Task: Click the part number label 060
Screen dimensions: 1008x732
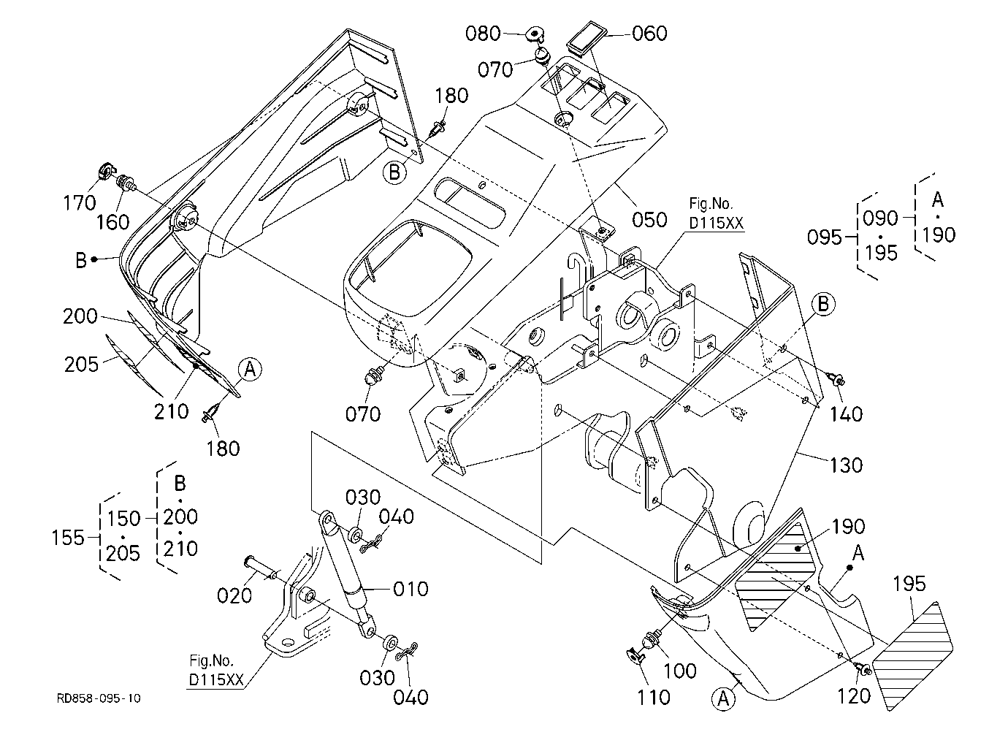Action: (x=649, y=34)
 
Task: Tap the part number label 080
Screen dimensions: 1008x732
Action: (x=483, y=34)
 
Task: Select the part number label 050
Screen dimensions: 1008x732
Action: (x=649, y=220)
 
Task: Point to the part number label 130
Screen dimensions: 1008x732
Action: (x=846, y=465)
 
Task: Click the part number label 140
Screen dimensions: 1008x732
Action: (x=846, y=413)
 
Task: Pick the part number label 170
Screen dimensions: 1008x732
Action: (x=79, y=203)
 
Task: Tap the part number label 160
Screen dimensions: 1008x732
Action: (x=113, y=222)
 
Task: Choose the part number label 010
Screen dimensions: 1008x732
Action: (x=411, y=588)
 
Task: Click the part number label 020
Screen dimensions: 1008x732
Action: (x=234, y=595)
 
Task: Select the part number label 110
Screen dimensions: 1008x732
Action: (x=654, y=698)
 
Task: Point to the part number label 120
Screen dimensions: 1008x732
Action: (x=854, y=696)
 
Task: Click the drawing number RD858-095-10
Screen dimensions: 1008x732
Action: (x=99, y=698)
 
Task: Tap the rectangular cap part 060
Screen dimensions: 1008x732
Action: (x=587, y=39)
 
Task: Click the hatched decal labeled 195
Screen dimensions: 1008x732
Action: (x=912, y=656)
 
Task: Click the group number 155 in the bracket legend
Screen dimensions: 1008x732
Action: (x=68, y=538)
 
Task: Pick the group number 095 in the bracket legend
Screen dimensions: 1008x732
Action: (x=824, y=237)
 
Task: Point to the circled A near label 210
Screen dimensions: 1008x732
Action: (x=250, y=370)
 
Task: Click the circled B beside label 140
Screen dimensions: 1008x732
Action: (x=823, y=305)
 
